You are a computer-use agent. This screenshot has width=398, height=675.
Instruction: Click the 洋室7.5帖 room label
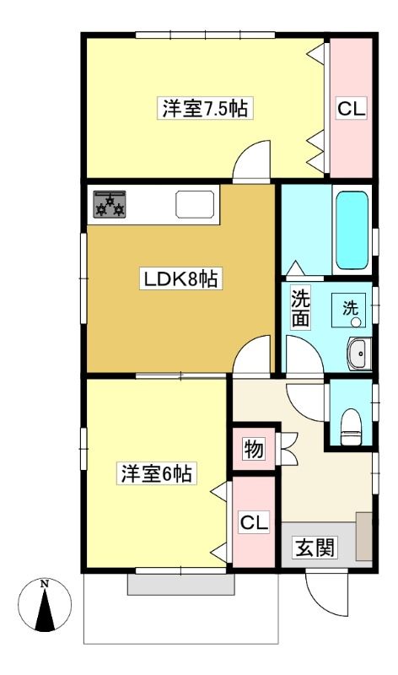click(x=205, y=108)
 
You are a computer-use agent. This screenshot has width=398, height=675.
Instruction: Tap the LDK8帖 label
click(x=180, y=278)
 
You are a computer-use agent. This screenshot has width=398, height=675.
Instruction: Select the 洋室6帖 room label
click(x=156, y=474)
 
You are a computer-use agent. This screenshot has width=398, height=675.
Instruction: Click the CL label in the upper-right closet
click(x=351, y=109)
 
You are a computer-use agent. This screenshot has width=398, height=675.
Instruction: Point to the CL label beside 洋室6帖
click(x=255, y=522)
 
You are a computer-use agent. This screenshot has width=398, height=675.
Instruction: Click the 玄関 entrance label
click(x=315, y=548)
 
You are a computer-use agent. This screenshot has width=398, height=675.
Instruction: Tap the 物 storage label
click(x=254, y=450)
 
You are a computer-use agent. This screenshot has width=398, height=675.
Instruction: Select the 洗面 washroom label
click(x=300, y=308)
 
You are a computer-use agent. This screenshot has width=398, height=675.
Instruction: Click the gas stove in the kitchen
click(x=110, y=204)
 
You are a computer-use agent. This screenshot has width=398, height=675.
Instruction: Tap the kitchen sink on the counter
click(x=196, y=204)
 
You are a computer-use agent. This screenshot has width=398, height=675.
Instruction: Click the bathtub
click(x=352, y=229)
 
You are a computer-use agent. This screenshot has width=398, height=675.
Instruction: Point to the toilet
click(x=351, y=426)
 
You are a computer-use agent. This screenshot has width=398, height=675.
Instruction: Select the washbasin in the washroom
click(x=359, y=354)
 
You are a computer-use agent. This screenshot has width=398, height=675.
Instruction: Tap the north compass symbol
click(x=45, y=605)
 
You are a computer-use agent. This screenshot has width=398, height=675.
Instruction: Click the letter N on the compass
click(x=44, y=584)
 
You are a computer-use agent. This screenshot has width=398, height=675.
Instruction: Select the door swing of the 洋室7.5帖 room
click(x=252, y=159)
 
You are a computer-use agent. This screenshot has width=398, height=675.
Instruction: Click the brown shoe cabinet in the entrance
click(x=364, y=537)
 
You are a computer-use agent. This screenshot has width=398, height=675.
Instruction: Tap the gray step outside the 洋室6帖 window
click(x=181, y=585)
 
